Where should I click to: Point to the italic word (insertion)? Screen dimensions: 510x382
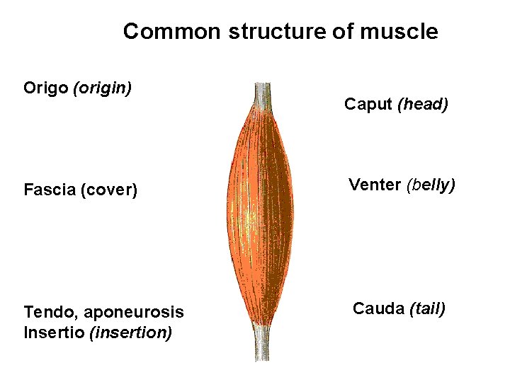pos(130,332)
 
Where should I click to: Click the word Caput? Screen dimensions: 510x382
pos(368,105)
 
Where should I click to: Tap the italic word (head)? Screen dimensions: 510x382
pos(423,105)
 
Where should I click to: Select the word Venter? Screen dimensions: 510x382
pos(375,185)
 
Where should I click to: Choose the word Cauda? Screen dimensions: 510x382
pos(378,308)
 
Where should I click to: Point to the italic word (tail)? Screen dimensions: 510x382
pos(427,308)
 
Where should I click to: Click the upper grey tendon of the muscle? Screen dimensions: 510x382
pos(262,95)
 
